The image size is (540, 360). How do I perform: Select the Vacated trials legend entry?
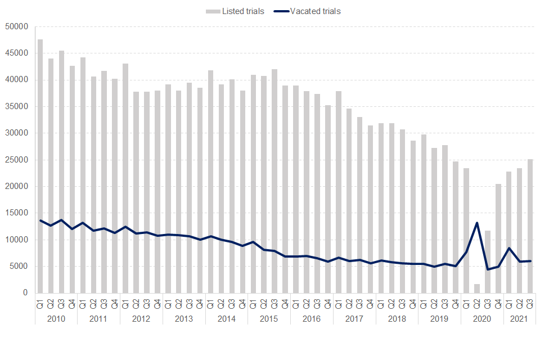(x=315, y=11)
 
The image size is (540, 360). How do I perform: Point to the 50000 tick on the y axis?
(x=16, y=26)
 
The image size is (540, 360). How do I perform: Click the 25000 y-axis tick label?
(x=16, y=160)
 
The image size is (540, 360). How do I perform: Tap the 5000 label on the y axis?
(x=18, y=267)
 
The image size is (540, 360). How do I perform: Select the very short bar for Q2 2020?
(x=477, y=289)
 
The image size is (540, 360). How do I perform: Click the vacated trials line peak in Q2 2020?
(x=477, y=223)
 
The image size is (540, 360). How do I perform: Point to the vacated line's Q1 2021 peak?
(x=509, y=248)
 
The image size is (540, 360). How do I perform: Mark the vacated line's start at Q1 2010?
(x=40, y=220)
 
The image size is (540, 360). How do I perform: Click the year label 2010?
(x=56, y=319)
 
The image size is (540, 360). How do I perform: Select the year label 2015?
(x=269, y=319)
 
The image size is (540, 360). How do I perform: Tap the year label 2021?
(x=520, y=319)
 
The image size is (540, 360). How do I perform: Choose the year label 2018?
(x=397, y=319)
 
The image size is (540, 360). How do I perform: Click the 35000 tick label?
(x=16, y=106)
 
